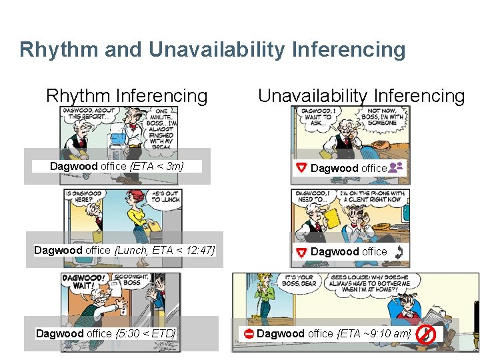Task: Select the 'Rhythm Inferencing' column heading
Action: click(x=127, y=96)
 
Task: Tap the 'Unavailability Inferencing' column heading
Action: click(x=361, y=96)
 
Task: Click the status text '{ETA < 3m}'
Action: click(x=159, y=166)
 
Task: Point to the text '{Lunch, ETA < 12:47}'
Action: click(x=165, y=250)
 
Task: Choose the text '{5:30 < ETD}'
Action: click(x=145, y=333)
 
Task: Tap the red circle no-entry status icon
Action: click(x=248, y=333)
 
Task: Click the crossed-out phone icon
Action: click(x=425, y=333)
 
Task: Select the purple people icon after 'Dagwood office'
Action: click(x=396, y=167)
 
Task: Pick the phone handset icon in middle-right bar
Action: click(x=399, y=251)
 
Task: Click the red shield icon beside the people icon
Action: click(x=301, y=168)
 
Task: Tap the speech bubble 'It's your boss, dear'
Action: click(x=299, y=281)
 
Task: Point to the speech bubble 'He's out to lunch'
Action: click(x=165, y=196)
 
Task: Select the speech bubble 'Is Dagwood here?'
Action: click(x=84, y=196)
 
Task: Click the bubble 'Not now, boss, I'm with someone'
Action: click(x=381, y=118)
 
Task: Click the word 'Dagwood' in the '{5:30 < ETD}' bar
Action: click(x=60, y=333)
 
